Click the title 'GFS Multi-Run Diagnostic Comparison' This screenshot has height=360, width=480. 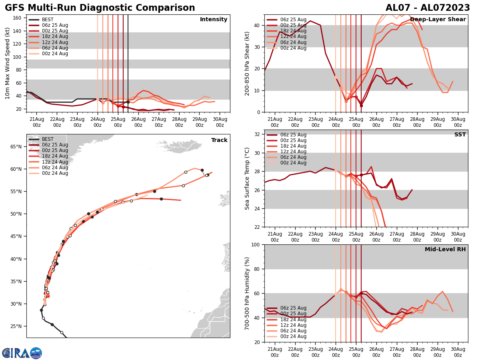pos(100,8)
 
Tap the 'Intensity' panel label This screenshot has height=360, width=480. pos(214,20)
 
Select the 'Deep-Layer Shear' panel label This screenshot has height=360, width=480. pos(438,20)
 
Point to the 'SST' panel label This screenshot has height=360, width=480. pos(460,135)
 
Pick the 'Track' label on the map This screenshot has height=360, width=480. pos(219,140)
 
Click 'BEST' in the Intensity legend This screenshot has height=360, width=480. pos(48,20)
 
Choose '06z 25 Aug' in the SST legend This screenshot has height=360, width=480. pos(293,135)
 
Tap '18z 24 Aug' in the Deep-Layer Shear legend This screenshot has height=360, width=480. pos(293,31)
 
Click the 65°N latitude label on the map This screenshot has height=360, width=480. pos(16,146)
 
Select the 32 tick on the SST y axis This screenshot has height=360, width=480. pos(258,134)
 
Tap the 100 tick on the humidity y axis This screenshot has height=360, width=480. pos(256,244)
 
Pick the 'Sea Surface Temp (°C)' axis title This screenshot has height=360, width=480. pos(247,178)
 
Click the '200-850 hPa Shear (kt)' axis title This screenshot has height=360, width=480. pos(247,63)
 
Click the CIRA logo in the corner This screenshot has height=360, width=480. pos(22,353)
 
